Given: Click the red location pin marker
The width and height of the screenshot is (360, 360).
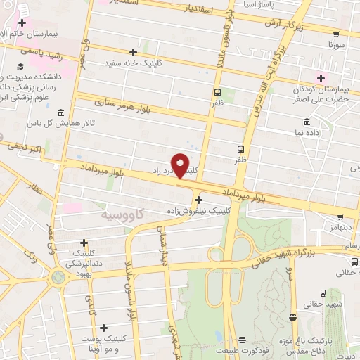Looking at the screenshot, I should click(181, 165).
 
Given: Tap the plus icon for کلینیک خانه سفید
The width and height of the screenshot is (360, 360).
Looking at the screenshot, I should click(133, 53).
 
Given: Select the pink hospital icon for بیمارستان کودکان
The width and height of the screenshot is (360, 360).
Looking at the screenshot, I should click(322, 77).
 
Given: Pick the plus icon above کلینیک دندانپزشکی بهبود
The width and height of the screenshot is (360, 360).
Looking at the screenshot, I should click(84, 243).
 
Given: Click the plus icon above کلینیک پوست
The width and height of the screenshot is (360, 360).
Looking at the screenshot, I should click(104, 328).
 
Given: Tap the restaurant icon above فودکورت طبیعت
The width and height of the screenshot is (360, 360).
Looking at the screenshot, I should click(243, 340).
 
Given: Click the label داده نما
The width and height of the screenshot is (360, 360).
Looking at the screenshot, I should click(309, 132).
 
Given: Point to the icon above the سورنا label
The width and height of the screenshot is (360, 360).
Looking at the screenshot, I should click(335, 32).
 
